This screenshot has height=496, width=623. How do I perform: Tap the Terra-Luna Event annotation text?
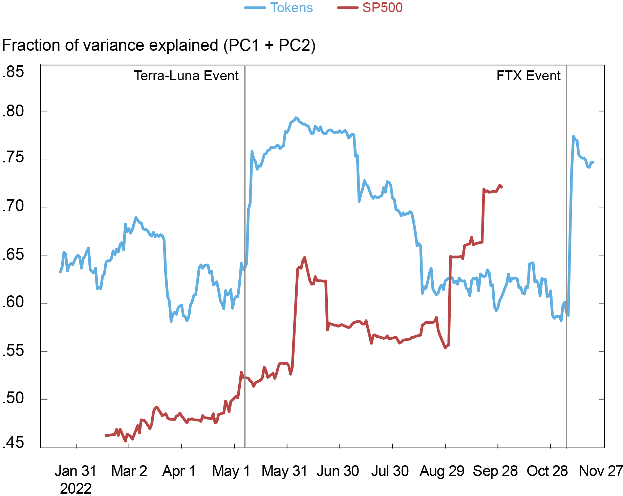186,76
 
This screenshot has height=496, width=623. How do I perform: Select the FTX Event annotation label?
528,76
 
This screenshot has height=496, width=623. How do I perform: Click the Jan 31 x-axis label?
76,471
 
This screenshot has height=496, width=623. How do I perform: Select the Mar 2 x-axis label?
129,471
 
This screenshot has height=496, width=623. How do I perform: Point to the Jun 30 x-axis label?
338,471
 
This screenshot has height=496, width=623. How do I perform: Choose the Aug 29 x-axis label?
442,471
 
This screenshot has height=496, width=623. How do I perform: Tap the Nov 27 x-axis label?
600,471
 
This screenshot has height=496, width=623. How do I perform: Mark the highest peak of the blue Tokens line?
296,118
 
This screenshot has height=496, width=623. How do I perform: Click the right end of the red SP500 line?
502,187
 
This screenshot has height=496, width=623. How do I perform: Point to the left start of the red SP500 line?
106,435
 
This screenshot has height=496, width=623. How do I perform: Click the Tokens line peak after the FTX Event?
573,136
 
